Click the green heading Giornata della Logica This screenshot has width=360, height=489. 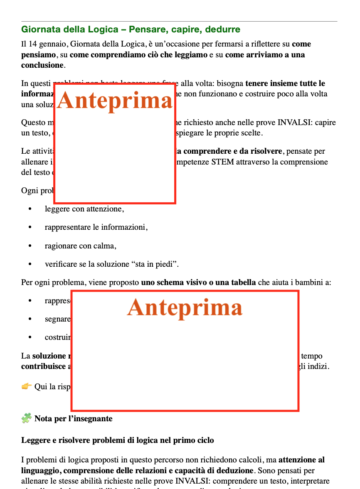point(131,29)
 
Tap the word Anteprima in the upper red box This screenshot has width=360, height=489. point(115,101)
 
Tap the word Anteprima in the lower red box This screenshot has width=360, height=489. point(185,307)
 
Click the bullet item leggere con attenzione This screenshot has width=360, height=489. point(84,209)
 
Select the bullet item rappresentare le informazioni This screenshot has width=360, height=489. point(96,227)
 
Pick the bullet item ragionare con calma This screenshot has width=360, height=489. point(80,246)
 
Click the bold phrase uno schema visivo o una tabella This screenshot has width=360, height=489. point(198,283)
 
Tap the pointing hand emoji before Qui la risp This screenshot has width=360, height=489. point(27,387)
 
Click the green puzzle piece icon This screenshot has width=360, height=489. point(26,418)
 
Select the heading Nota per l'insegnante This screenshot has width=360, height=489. point(73,419)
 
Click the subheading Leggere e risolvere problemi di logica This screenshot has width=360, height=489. point(118,440)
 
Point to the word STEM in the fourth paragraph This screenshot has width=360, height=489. point(222,162)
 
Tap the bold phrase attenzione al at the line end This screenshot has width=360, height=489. point(301,460)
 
